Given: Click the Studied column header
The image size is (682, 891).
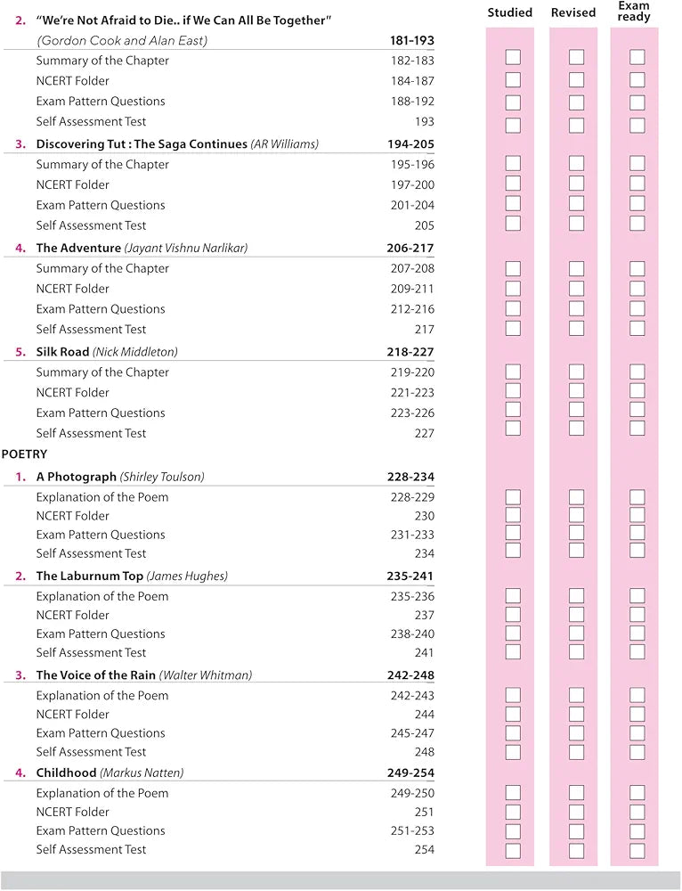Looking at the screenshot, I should click(510, 12).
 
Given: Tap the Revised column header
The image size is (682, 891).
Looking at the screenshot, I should click(573, 12).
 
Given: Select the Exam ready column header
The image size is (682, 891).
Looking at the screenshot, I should click(634, 12).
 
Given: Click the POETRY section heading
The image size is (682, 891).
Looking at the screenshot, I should click(25, 454).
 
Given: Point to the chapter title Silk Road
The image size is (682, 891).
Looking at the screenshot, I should click(62, 352).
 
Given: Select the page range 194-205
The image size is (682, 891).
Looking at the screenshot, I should click(410, 144).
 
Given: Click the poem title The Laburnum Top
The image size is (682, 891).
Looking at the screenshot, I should click(89, 576).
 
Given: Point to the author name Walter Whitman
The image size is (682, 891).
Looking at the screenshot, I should click(206, 675).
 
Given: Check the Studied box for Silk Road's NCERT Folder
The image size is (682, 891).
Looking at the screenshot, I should click(513, 390).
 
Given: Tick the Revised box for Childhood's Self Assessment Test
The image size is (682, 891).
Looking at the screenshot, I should click(576, 850).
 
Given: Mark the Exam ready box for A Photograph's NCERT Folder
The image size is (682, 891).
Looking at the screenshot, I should click(637, 515).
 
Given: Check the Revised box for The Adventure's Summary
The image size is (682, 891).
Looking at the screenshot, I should click(576, 268).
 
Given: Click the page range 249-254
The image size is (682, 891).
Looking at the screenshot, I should click(410, 773).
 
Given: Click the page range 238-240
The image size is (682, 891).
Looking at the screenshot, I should click(412, 634).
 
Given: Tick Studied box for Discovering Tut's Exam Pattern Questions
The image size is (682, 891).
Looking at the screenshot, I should click(513, 204).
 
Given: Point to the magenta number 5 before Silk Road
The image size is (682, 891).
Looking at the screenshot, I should click(20, 352).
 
